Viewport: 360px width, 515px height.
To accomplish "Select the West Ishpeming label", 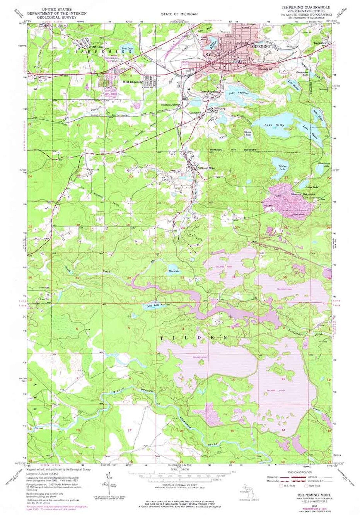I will click(133, 82).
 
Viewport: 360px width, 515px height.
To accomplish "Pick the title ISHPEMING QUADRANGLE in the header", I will click(306, 7).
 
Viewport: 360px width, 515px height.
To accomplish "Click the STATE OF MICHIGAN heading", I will click(179, 14).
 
